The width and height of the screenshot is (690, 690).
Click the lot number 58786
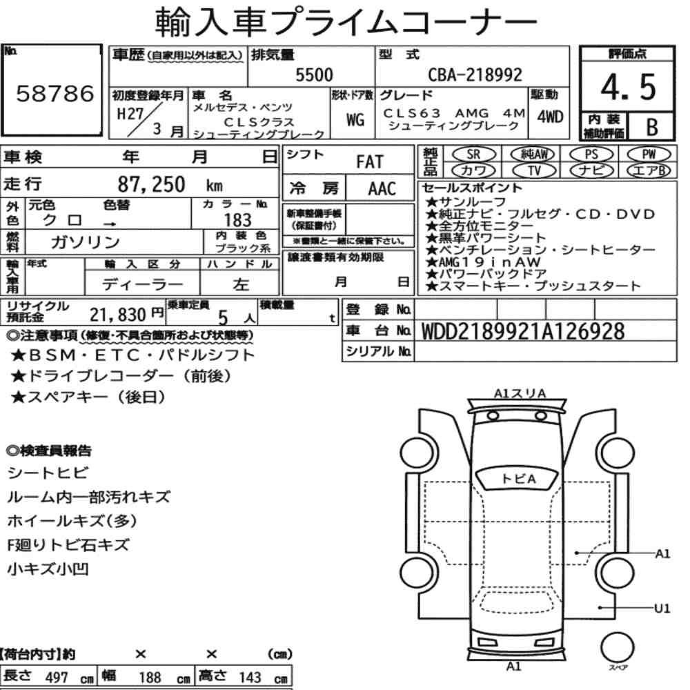pyautogui.click(x=55, y=93)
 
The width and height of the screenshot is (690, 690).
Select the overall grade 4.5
pyautogui.click(x=628, y=87)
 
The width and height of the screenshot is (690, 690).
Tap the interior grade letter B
pyautogui.click(x=652, y=127)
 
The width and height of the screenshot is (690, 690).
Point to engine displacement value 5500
pyautogui.click(x=314, y=75)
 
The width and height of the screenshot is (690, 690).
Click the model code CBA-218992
pyautogui.click(x=475, y=75)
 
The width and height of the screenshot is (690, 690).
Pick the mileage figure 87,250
pyautogui.click(x=151, y=184)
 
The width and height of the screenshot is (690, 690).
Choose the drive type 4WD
pyautogui.click(x=550, y=117)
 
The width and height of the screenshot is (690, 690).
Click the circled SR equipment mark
pyautogui.click(x=474, y=155)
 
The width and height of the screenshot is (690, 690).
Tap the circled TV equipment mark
pyautogui.click(x=534, y=170)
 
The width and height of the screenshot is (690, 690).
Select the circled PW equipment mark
pyautogui.click(x=649, y=155)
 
